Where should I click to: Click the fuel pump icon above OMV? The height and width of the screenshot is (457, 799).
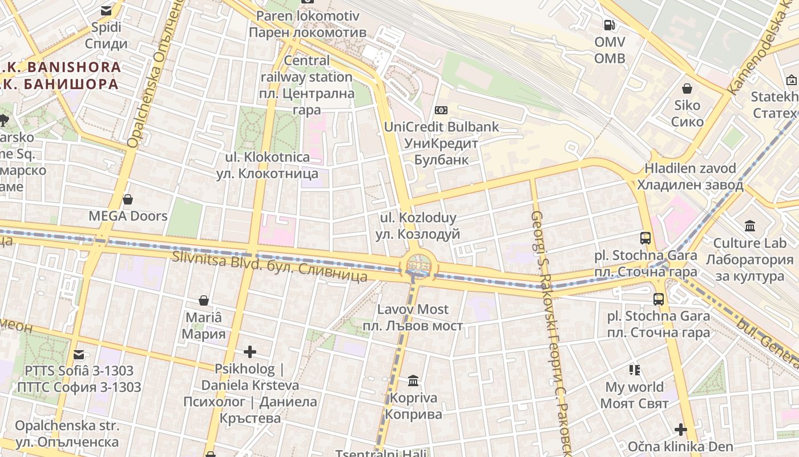coord(610,25)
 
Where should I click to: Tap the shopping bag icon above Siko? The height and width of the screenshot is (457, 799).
coord(687,89)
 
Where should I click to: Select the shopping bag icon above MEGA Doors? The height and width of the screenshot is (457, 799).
coord(128,199)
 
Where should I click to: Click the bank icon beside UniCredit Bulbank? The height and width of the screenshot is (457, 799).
coord(441,110)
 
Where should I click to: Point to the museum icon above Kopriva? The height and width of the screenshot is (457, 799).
coord(413,380)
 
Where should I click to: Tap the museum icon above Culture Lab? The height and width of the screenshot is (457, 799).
coord(750,226)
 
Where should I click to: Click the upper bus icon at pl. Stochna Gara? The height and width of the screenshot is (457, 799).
coord(645,238)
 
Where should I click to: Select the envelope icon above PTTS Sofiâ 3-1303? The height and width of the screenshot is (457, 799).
coord(79,354)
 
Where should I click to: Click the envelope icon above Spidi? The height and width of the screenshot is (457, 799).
coord(106,10)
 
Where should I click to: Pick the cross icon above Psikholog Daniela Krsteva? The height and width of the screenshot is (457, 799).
coord(250,352)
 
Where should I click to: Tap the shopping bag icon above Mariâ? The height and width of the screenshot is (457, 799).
coord(204,300)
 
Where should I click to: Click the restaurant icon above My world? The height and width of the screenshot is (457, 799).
coord(635,370)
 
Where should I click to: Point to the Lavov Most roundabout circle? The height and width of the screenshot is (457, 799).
coord(418,266)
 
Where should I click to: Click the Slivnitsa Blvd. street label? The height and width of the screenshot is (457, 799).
coord(270,266)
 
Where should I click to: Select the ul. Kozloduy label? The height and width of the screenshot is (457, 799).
coord(418,226)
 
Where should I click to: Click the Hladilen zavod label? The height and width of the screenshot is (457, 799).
coord(690,177)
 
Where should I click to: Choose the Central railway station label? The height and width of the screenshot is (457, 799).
coord(306,85)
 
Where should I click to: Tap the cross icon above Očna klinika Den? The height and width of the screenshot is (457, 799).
coord(680,429)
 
